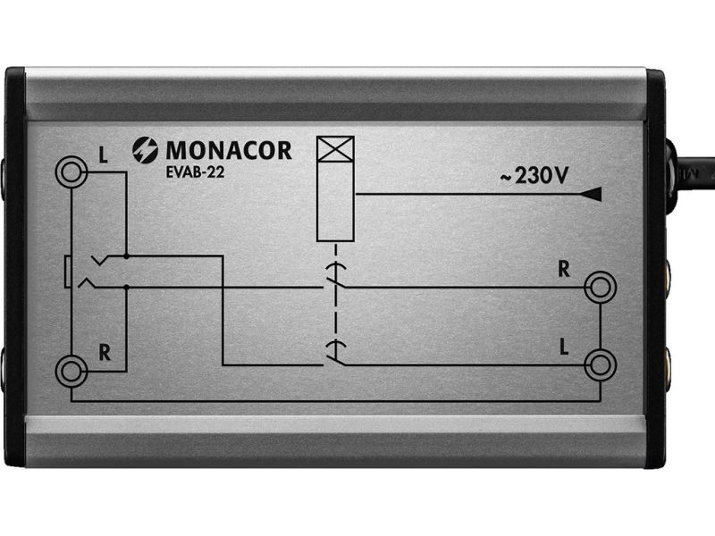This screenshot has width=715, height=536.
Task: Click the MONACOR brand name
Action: [x=229, y=150]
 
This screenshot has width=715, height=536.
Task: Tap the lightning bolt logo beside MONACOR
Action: [x=145, y=150]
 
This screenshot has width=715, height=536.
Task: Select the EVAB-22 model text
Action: [x=196, y=172]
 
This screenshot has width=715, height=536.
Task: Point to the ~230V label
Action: [x=534, y=175]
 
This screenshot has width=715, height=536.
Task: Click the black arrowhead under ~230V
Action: [x=592, y=194]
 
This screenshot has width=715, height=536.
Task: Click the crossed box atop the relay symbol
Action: [x=336, y=148]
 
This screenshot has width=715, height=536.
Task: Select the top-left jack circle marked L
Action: [x=71, y=172]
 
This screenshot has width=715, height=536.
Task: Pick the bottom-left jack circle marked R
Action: [x=71, y=371]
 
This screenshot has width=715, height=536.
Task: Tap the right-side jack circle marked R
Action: [x=600, y=287]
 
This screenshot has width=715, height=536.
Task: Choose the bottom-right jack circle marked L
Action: [x=600, y=364]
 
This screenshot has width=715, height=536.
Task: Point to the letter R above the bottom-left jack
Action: [x=105, y=353]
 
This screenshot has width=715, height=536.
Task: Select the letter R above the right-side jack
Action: [x=564, y=270]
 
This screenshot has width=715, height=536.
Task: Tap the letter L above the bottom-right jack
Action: [x=564, y=348]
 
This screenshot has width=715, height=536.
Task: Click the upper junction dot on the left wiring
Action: [x=126, y=256]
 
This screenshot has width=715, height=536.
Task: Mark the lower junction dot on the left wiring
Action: [x=126, y=287]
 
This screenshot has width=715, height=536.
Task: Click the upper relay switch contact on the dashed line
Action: [x=335, y=276]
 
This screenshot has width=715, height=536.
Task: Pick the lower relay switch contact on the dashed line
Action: [x=335, y=354]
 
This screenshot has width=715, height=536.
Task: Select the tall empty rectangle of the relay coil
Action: [x=336, y=201]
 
